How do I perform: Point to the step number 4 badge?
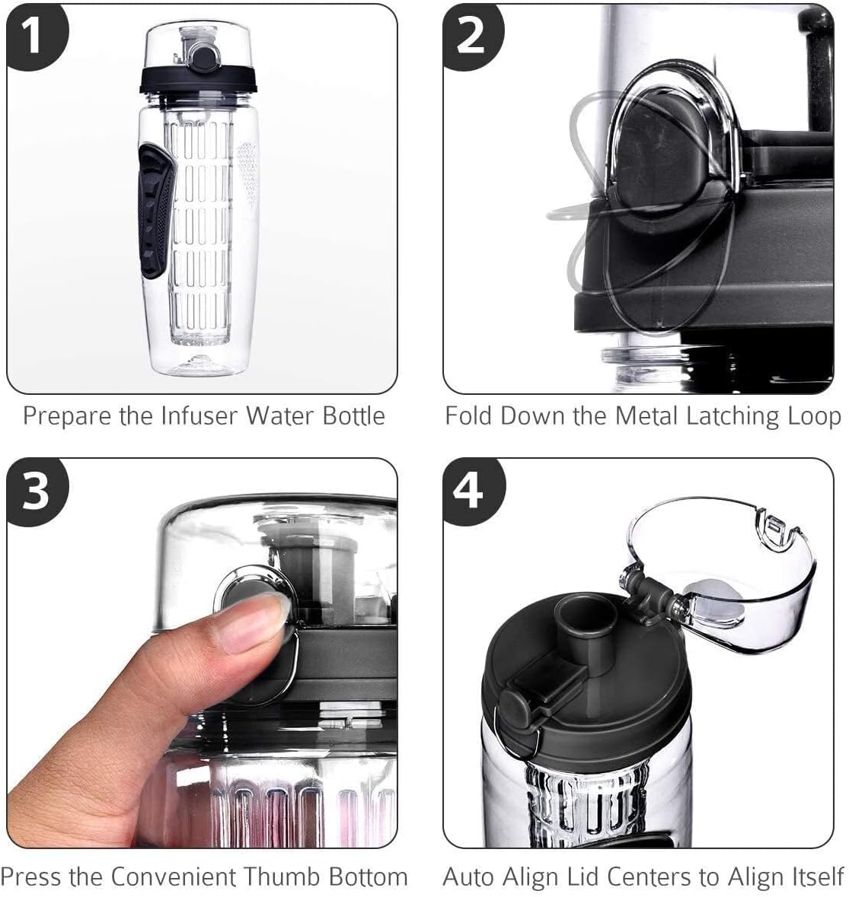click(470, 490)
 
